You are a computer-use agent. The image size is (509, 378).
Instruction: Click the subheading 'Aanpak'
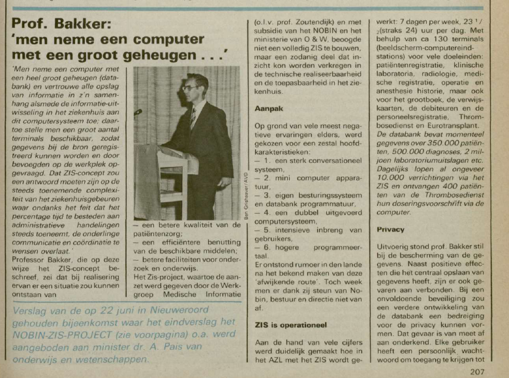267,109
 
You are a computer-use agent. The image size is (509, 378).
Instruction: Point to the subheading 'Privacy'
390,229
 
